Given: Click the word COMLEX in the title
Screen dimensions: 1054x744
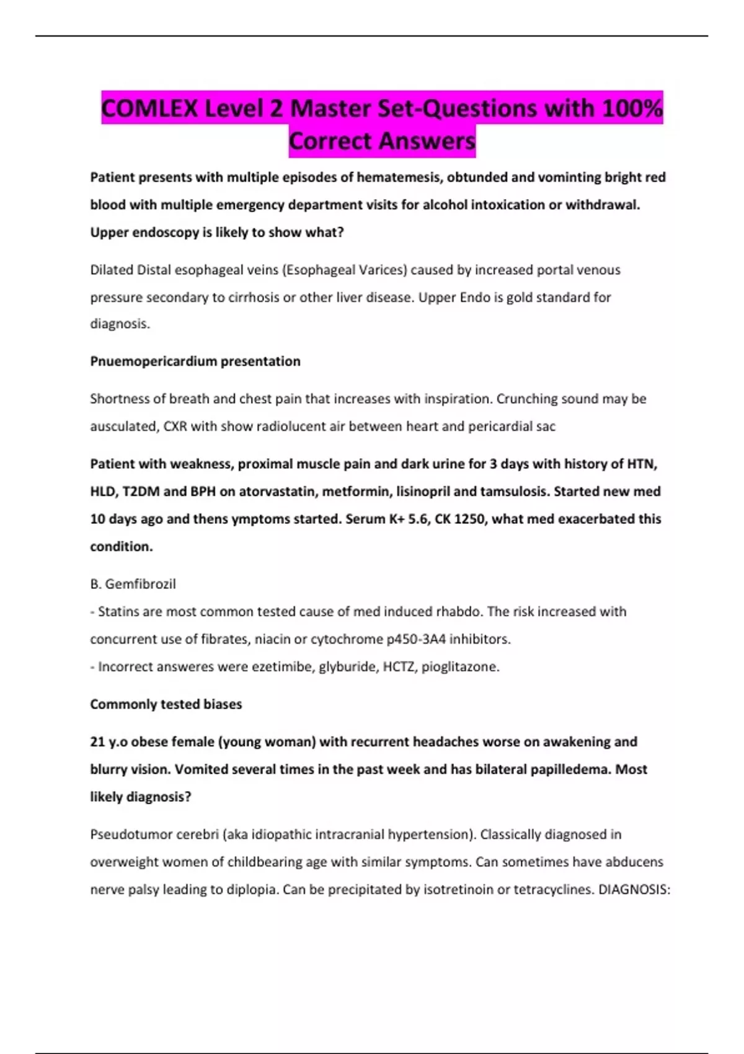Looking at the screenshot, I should click(149, 108).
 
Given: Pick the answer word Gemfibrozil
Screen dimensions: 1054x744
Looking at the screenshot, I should click(140, 584).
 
